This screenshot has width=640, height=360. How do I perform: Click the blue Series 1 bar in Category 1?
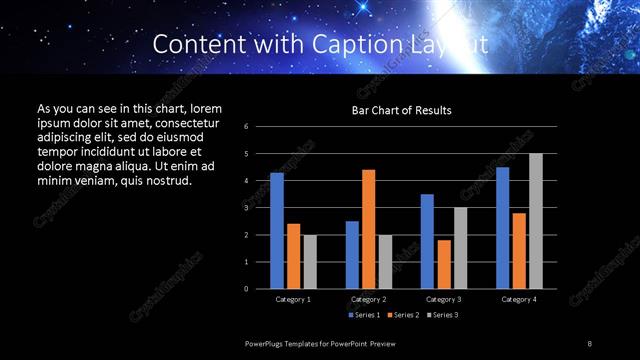277,231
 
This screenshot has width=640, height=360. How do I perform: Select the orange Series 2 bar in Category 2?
369,229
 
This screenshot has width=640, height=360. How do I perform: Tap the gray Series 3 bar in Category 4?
536,221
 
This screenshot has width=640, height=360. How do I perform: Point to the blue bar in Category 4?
503,228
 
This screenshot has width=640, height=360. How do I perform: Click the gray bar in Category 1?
310,262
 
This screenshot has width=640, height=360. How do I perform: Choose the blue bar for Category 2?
352,255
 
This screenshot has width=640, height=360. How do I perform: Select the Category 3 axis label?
443,299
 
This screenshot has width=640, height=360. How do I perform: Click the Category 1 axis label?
293,299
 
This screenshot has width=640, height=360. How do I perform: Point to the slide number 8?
590,344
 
